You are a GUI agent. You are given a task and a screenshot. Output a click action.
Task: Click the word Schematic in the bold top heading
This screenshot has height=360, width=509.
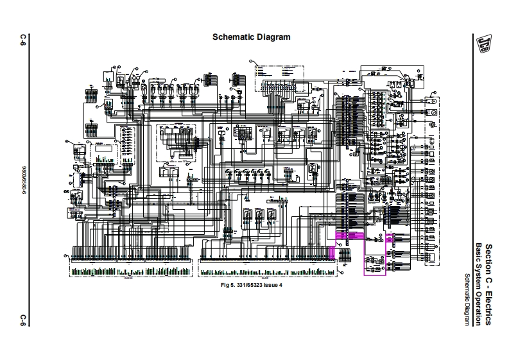click(234, 37)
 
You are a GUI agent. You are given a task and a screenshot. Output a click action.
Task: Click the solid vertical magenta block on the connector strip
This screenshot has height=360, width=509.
click(332, 252)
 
